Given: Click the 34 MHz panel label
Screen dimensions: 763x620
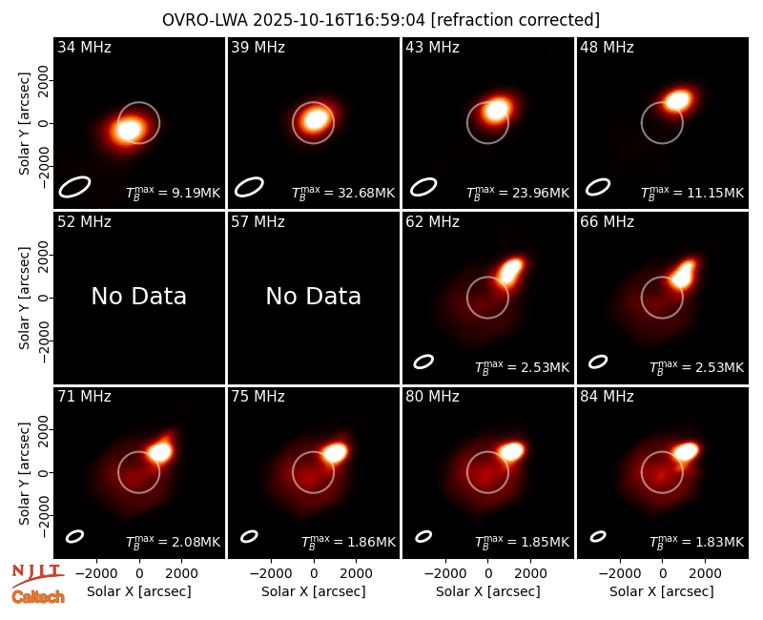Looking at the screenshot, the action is tap(84, 47).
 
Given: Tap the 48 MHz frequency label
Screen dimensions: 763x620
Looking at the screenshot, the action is tap(607, 47).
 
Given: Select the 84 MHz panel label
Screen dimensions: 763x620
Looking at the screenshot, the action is tap(607, 397).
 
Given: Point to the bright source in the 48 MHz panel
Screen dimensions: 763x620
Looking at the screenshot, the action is tap(677, 100).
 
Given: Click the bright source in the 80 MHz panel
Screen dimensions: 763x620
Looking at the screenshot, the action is tap(511, 451).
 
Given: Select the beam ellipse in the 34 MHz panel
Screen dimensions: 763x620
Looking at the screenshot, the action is tap(74, 187).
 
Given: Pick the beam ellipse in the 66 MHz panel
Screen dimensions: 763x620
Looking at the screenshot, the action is tap(598, 362).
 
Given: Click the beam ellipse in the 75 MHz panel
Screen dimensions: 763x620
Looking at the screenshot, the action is tap(249, 536).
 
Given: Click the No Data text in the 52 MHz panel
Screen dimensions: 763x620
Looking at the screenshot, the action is tap(138, 296).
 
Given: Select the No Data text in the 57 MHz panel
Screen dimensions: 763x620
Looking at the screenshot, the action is tap(314, 296).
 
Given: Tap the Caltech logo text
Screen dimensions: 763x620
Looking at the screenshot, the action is tap(38, 597).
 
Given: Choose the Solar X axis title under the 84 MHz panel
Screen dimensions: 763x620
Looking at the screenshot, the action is tap(662, 591).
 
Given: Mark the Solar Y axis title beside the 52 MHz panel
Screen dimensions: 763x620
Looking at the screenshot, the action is tap(24, 298).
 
